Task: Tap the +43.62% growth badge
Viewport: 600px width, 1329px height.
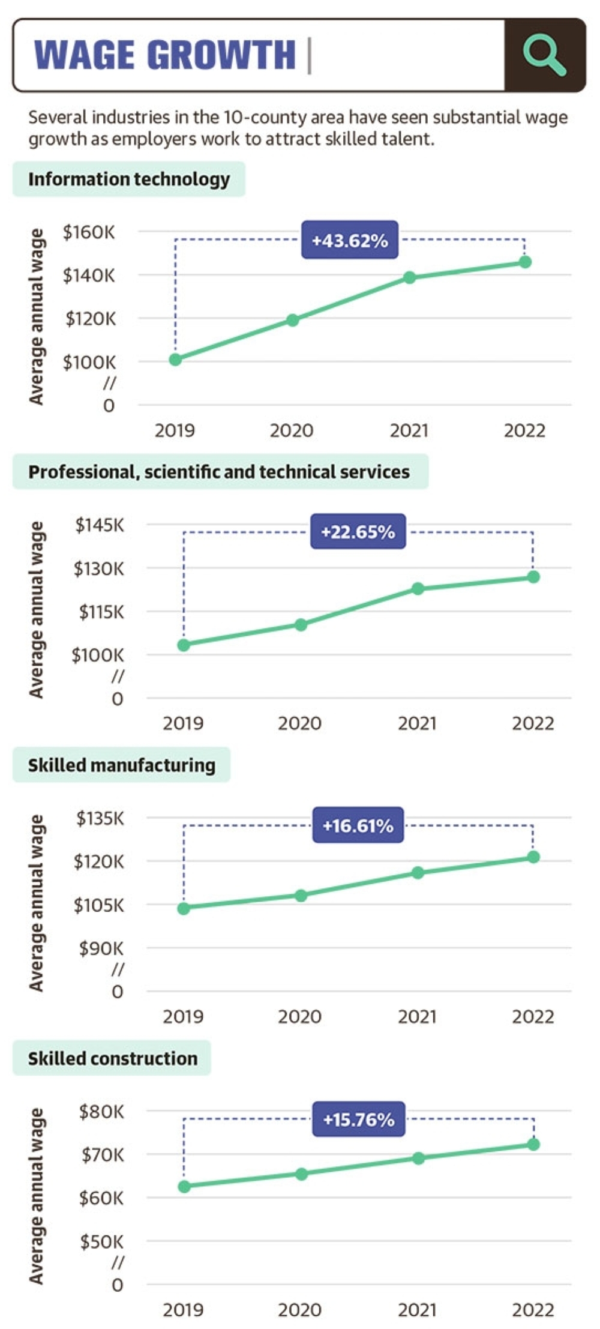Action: (350, 240)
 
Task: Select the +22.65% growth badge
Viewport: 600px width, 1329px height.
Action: (358, 532)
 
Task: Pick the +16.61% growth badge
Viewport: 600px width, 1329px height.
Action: (358, 825)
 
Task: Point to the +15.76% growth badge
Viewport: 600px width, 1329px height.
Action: (359, 1119)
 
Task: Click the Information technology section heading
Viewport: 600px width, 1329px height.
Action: (129, 179)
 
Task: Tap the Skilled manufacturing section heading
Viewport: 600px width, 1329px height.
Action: (121, 765)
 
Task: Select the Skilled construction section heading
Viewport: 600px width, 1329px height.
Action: (112, 1058)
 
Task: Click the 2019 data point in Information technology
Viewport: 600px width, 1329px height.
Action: (175, 360)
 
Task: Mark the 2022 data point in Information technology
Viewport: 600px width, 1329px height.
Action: (526, 262)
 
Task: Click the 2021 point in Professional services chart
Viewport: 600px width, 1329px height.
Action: (418, 589)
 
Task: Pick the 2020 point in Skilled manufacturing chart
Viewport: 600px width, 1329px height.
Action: (301, 896)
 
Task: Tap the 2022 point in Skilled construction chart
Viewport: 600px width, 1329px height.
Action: (533, 1145)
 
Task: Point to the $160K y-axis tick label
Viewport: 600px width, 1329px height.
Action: (89, 232)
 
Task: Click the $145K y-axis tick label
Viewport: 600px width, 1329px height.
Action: (100, 525)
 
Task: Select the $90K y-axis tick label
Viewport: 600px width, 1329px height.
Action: (101, 948)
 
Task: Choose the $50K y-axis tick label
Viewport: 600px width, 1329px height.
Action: (102, 1241)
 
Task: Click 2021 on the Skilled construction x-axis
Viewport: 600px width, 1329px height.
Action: (417, 1309)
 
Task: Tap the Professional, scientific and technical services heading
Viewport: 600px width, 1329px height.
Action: (220, 472)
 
